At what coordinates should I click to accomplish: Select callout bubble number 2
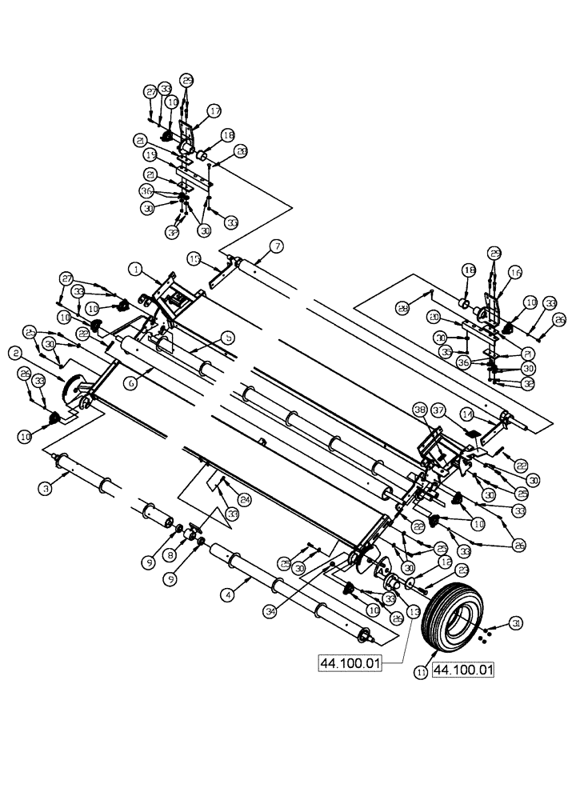[x=15, y=352]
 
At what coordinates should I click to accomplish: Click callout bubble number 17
[x=214, y=110]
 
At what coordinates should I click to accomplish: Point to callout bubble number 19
[x=150, y=154]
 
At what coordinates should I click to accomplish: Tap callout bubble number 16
[x=514, y=273]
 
